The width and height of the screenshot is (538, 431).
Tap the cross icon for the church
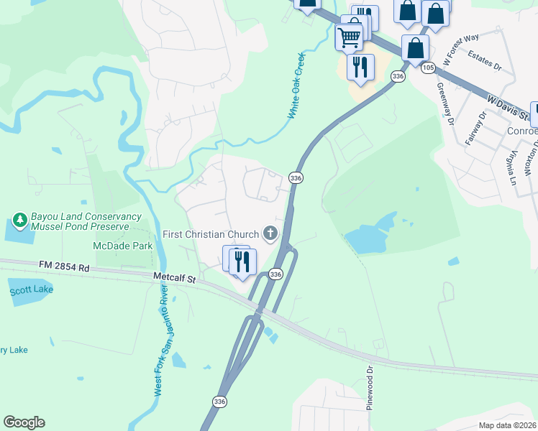270,232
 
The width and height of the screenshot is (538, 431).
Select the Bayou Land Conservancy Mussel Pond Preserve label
79,221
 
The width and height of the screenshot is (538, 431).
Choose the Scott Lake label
31,290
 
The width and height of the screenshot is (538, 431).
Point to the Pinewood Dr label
370,389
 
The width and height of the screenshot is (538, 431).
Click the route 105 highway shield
429,67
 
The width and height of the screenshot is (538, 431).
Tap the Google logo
24,422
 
